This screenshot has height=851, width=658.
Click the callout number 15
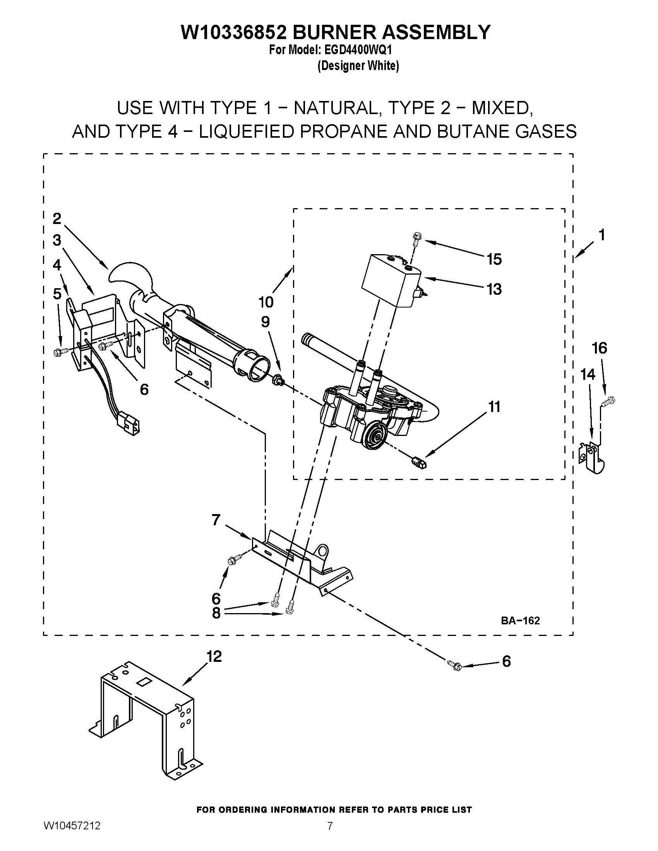tap(494, 259)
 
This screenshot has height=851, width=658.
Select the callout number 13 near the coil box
tap(494, 289)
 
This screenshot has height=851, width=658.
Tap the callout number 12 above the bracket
tap(214, 656)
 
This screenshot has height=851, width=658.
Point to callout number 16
tap(600, 348)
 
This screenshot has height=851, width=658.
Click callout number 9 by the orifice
tap(265, 322)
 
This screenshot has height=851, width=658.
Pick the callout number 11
tap(494, 407)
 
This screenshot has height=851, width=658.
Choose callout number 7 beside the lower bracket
tap(216, 519)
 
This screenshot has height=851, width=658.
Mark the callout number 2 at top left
tap(57, 219)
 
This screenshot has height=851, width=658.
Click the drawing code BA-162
tap(520, 620)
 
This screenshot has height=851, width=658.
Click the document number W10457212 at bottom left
tap(72, 836)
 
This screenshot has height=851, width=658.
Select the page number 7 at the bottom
tap(330, 836)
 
